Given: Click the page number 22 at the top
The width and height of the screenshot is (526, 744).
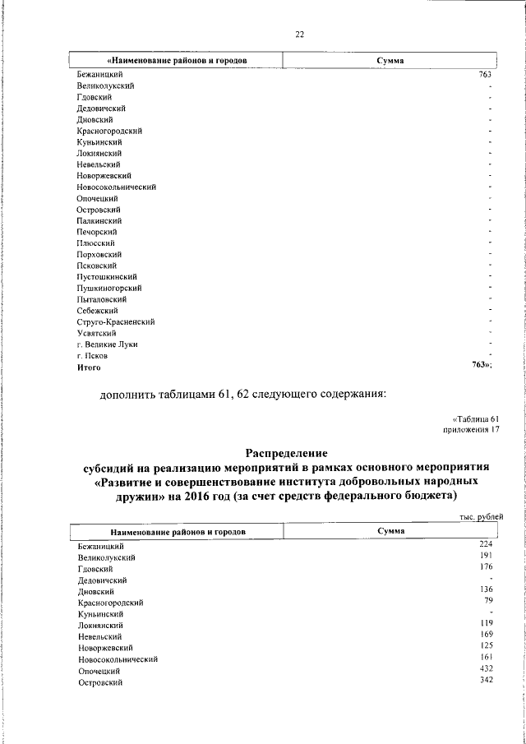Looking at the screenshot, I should pos(300,34).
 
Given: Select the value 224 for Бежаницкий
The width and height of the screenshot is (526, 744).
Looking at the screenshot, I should pos(485,544).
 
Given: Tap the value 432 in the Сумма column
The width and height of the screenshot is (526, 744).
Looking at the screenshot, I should pos(485,670).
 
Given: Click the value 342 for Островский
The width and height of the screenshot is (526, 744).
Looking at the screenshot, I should pos(485,682).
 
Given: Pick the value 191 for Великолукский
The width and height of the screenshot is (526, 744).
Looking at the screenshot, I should pos(485,556).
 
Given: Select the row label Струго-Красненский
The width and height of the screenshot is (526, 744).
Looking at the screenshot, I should pos(116,322).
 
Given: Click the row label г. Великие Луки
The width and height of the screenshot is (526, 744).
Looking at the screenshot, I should pos(107,344).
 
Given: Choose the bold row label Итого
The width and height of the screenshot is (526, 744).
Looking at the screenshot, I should pos(90,367).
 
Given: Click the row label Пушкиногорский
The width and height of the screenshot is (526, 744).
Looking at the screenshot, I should pos(110,288).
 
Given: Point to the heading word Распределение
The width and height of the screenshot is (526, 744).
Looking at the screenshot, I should pos(286,453).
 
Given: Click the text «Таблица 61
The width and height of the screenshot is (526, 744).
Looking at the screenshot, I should pos(476,418).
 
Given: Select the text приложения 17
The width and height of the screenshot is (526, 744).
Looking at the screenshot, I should pos(472,429).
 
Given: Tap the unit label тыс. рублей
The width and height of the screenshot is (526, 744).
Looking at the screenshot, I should pos(481,516).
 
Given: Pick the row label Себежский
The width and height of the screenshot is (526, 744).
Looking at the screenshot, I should pos(98,311).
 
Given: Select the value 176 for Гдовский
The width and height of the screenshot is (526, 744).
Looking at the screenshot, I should pos(485,567).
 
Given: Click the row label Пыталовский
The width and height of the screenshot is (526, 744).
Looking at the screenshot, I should pos(103,299).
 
